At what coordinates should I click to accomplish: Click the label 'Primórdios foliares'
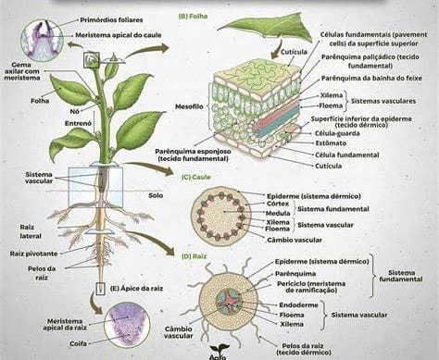click(112, 18)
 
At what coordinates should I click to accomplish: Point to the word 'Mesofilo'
click(186, 105)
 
